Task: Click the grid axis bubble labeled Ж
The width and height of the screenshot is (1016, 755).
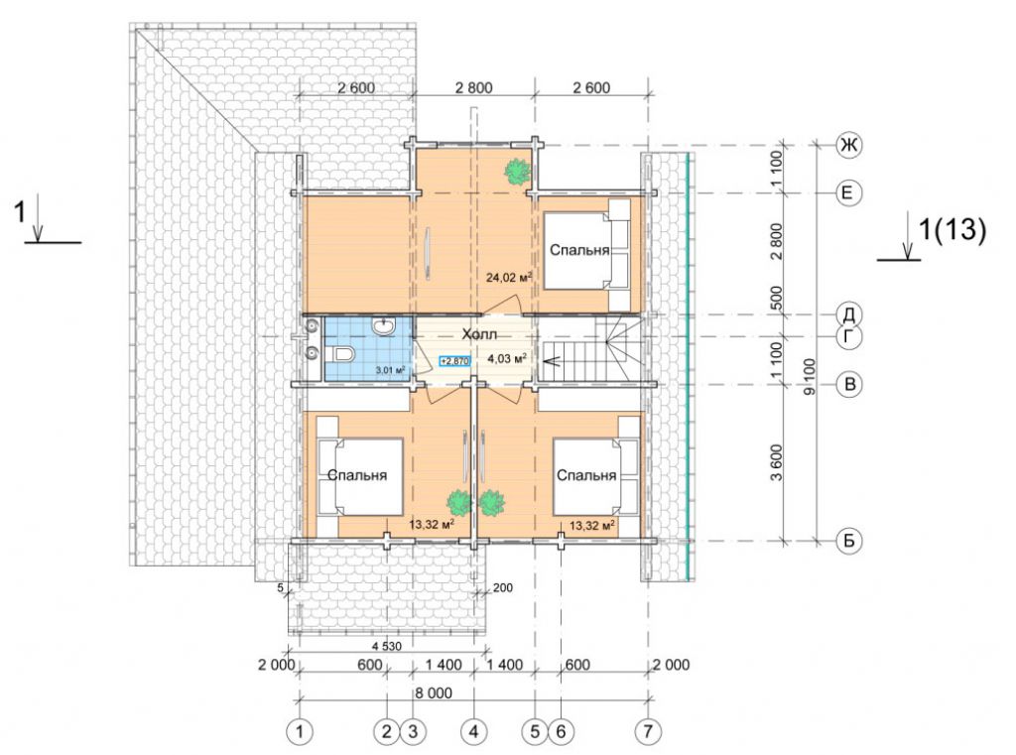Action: (x=849, y=145)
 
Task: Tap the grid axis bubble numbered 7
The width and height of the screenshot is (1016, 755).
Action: (x=648, y=731)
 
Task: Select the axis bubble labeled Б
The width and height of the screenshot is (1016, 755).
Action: (x=849, y=541)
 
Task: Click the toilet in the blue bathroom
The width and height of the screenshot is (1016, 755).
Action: (x=341, y=355)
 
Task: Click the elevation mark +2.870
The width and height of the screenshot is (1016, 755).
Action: (x=454, y=361)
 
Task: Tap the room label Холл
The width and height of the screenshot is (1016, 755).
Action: (x=479, y=335)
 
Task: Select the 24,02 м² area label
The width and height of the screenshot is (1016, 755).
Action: (x=509, y=278)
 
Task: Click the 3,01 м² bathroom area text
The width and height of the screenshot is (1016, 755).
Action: (x=390, y=371)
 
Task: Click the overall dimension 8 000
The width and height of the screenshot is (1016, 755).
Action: (x=434, y=693)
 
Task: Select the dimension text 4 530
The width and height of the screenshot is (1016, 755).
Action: (x=387, y=646)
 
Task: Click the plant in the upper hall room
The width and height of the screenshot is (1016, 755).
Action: (x=517, y=172)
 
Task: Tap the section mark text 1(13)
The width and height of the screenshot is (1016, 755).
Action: (x=952, y=229)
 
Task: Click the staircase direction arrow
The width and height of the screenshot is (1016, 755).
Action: (x=568, y=361)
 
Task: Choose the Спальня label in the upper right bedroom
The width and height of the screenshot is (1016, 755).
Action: (x=579, y=250)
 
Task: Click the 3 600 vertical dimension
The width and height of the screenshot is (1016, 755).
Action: (x=777, y=462)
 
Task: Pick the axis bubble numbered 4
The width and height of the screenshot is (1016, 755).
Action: (x=473, y=731)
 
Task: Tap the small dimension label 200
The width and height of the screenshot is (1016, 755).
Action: (x=503, y=587)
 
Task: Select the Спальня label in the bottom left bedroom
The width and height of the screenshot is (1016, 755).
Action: (x=357, y=475)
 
